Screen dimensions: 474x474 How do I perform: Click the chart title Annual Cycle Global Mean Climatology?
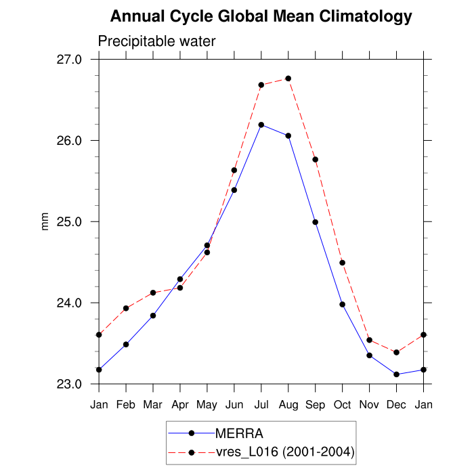point(261,16)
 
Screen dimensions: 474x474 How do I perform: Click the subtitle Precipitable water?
point(156,41)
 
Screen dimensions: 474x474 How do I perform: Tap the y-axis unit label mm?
point(45,221)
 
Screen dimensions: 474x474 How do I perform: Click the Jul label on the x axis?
point(261,405)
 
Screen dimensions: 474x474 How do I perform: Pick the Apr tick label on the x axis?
point(180,405)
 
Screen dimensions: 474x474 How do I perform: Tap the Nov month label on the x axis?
point(369,405)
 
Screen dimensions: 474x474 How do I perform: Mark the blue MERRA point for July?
point(261,125)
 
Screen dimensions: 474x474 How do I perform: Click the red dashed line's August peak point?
point(288,79)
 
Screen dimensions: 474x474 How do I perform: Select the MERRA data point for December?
point(396,374)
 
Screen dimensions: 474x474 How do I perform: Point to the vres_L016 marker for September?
point(316,159)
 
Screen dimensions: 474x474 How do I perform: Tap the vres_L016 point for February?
point(126,308)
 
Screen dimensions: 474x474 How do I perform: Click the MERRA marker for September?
point(316,222)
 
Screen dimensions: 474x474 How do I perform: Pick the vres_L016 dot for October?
point(343,263)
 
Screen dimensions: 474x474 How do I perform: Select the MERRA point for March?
point(153,316)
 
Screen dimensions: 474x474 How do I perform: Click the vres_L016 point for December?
point(396,352)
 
